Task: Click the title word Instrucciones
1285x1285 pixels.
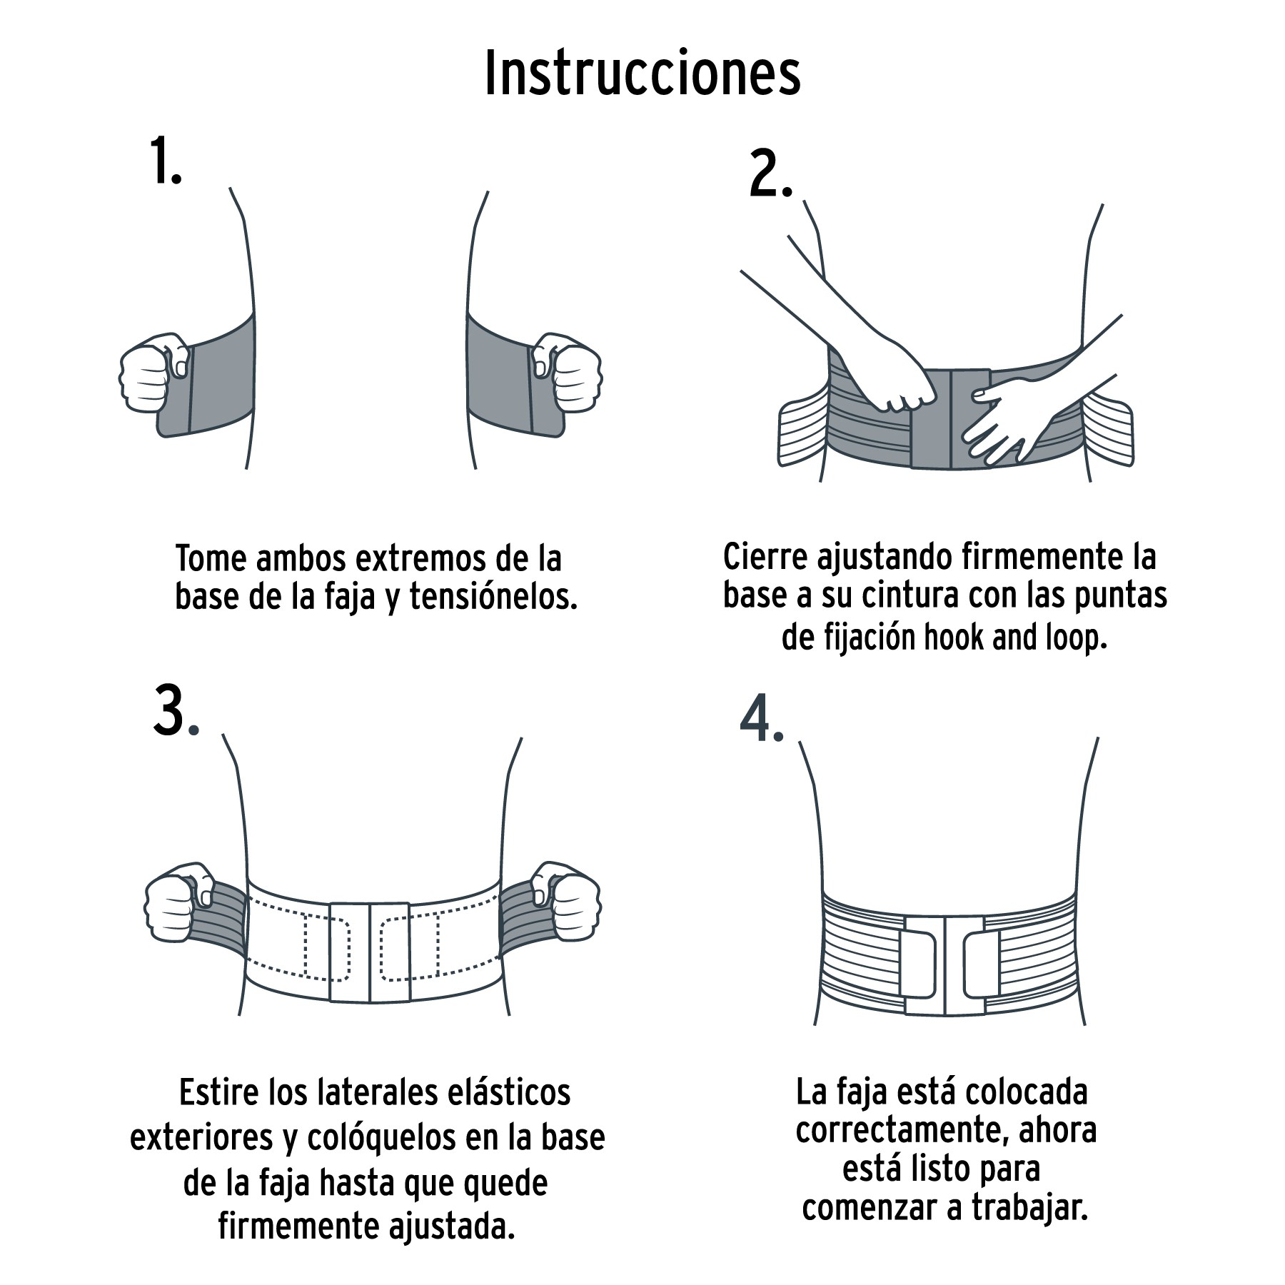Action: point(642,74)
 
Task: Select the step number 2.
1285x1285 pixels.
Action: point(770,175)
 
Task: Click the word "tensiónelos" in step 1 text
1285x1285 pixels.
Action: point(493,597)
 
